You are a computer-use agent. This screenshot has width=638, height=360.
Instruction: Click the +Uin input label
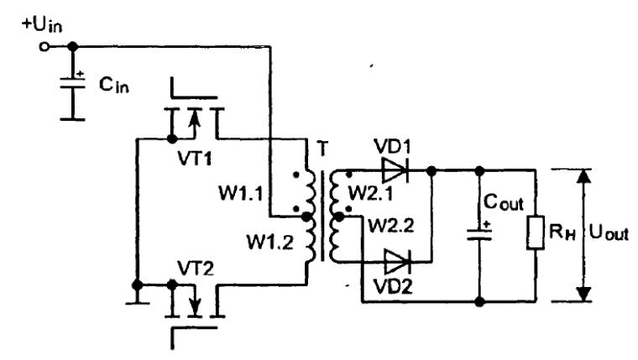(42, 25)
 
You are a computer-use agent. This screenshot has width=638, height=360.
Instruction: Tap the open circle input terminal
(44, 47)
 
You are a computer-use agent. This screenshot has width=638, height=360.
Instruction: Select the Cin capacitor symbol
(72, 83)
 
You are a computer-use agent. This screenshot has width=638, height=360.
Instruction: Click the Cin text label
(114, 85)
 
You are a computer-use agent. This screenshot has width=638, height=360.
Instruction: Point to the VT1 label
(195, 158)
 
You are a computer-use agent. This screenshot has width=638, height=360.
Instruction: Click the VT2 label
(196, 269)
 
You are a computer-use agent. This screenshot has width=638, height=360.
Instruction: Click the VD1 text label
(392, 146)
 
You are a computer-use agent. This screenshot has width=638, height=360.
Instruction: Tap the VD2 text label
(393, 286)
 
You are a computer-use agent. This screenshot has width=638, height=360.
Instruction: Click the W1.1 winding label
(241, 193)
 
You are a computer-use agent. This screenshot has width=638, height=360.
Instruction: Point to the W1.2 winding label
(269, 243)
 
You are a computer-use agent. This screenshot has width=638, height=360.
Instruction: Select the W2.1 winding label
(371, 194)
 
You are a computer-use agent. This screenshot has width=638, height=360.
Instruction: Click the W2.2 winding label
(391, 226)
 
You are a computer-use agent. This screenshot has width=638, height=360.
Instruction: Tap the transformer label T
(322, 149)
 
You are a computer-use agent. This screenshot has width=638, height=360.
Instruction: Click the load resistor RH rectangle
(536, 232)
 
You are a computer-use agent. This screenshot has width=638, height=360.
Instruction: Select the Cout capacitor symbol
(479, 232)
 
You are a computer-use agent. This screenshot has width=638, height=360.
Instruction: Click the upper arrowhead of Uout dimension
(584, 175)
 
